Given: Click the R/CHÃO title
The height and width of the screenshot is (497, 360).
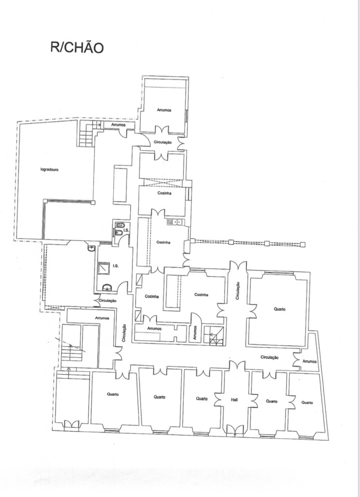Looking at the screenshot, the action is pyautogui.click(x=77, y=47).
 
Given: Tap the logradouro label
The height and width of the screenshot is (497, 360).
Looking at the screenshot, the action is pyautogui.click(x=50, y=169).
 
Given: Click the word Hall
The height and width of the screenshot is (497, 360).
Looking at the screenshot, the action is pyautogui.click(x=234, y=400).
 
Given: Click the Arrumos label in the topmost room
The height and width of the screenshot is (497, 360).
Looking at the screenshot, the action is pyautogui.click(x=164, y=110).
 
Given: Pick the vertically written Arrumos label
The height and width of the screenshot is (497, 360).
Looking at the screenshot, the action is pyautogui.click(x=195, y=332).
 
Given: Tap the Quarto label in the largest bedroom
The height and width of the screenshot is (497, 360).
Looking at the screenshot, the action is pyautogui.click(x=279, y=309).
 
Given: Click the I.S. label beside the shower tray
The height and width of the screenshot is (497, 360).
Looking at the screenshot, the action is pyautogui.click(x=115, y=265).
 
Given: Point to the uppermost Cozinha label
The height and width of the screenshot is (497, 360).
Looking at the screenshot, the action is pyautogui.click(x=164, y=193).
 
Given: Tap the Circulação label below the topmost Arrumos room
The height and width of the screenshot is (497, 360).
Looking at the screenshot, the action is pyautogui.click(x=163, y=142).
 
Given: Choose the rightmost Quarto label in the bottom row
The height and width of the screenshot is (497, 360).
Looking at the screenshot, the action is pyautogui.click(x=307, y=402).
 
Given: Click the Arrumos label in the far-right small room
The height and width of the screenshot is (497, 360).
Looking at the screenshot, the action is pyautogui.click(x=309, y=361).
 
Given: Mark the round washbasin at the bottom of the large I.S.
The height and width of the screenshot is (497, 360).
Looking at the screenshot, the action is pyautogui.click(x=107, y=287).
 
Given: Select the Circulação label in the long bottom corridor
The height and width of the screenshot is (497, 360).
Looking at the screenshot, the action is pyautogui.click(x=270, y=357).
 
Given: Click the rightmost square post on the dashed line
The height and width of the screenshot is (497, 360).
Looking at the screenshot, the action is pyautogui.click(x=303, y=244).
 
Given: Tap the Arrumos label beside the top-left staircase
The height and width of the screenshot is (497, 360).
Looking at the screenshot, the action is pyautogui.click(x=119, y=125).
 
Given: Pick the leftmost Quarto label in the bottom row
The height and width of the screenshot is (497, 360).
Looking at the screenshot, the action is pyautogui.click(x=113, y=394).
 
